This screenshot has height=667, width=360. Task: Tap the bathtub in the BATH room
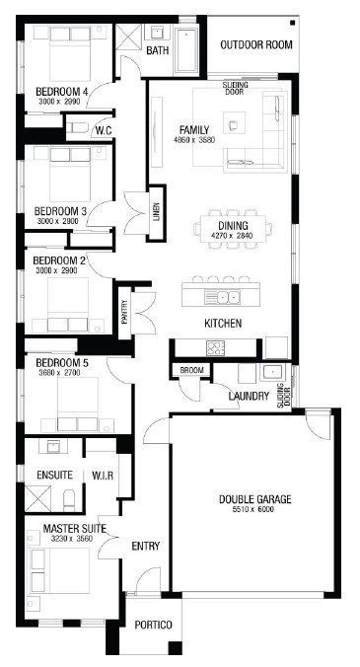(x=186, y=50)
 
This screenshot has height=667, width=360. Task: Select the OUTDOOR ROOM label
(x=256, y=44)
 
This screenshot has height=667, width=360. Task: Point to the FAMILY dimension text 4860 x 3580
(x=194, y=139)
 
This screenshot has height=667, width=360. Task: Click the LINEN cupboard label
(x=156, y=212)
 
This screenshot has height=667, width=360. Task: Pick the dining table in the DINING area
(x=233, y=229)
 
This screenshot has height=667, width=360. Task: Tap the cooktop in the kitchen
(x=215, y=348)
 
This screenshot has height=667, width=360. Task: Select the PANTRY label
(x=124, y=313)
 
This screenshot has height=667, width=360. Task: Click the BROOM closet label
(x=191, y=370)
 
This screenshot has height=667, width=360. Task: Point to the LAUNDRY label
(x=249, y=396)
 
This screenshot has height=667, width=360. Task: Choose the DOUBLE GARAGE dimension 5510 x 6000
(x=254, y=509)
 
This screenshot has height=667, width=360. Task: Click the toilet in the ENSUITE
(x=69, y=500)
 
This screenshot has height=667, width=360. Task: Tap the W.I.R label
(x=103, y=476)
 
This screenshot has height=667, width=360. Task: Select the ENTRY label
(x=145, y=546)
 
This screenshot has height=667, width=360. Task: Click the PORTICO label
(x=154, y=625)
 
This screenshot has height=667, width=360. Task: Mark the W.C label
(x=104, y=131)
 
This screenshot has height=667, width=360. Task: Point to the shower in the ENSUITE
(x=37, y=498)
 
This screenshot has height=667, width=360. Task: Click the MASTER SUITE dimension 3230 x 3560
(x=72, y=538)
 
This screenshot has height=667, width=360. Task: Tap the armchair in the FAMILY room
(x=234, y=123)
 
